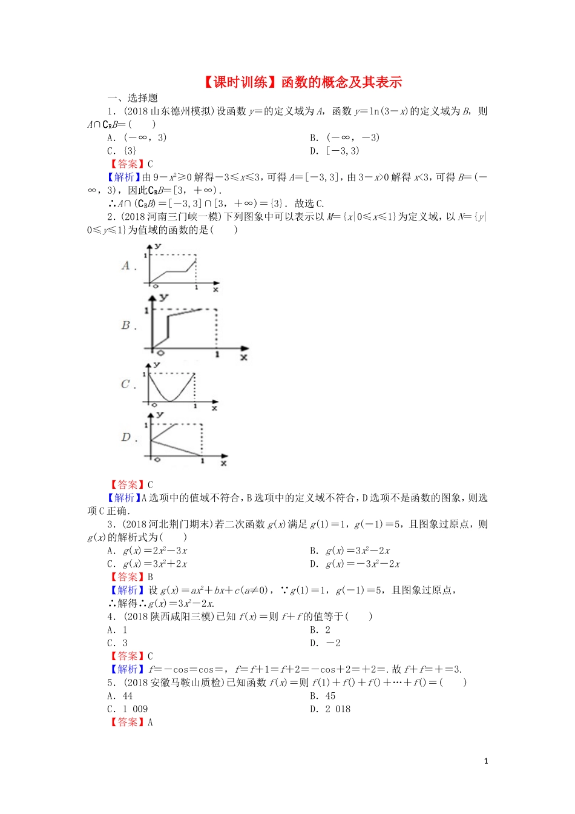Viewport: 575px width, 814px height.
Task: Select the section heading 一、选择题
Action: (x=133, y=98)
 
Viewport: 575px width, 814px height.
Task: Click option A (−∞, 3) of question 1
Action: (x=137, y=137)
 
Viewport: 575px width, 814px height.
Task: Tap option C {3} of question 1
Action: (x=122, y=151)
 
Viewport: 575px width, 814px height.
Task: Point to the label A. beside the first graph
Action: (x=128, y=265)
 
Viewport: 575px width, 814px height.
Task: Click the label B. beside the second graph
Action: (x=128, y=325)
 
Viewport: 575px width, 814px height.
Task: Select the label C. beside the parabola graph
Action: (x=128, y=384)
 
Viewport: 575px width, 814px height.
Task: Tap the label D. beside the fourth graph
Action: (x=128, y=437)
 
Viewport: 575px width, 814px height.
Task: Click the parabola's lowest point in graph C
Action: (x=171, y=401)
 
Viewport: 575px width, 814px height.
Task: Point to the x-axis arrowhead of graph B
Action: (x=245, y=349)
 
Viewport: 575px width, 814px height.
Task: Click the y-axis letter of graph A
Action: (x=158, y=247)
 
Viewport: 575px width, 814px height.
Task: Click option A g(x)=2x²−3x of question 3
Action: (x=147, y=551)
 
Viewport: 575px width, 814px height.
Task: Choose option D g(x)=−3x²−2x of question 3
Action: (x=355, y=564)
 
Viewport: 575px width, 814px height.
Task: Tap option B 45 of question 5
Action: (x=323, y=696)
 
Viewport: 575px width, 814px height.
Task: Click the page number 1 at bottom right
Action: (x=486, y=761)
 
